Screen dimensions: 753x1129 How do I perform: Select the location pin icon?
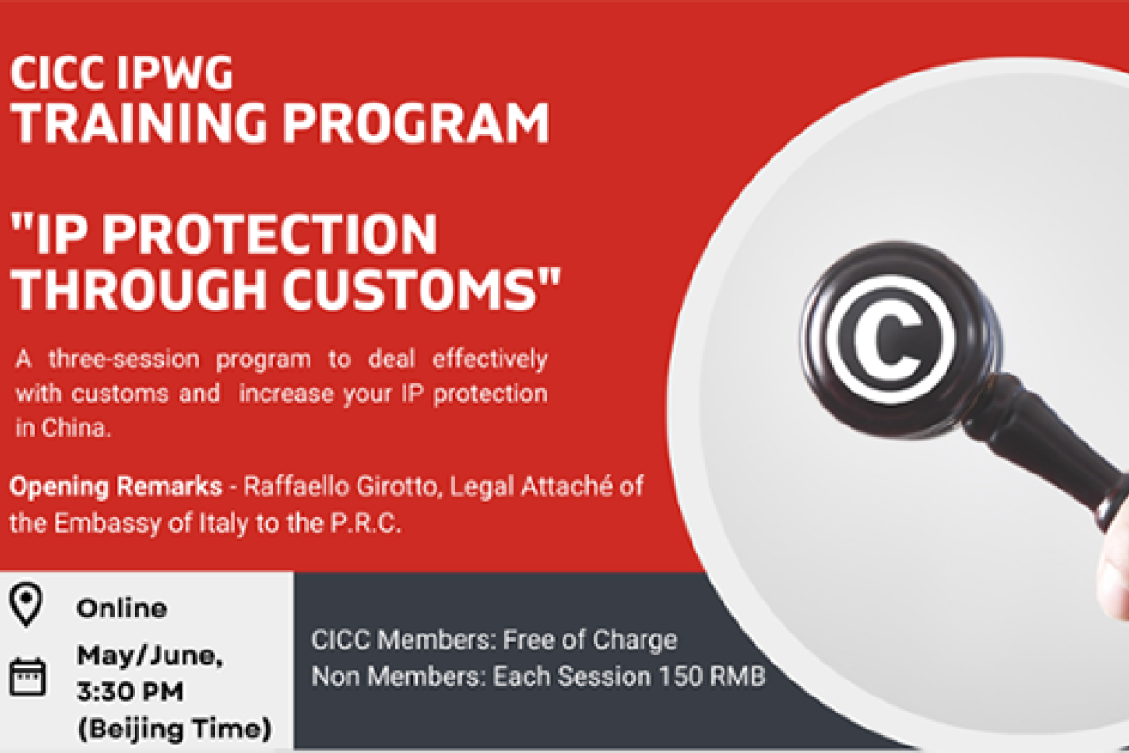point(27,605)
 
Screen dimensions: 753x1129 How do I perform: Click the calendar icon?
point(27,675)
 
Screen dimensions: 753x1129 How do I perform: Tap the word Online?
point(121,608)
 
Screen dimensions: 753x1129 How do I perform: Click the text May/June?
point(150,656)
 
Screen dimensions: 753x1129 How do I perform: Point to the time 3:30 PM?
point(131,692)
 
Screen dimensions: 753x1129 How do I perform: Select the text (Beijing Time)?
point(174,728)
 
